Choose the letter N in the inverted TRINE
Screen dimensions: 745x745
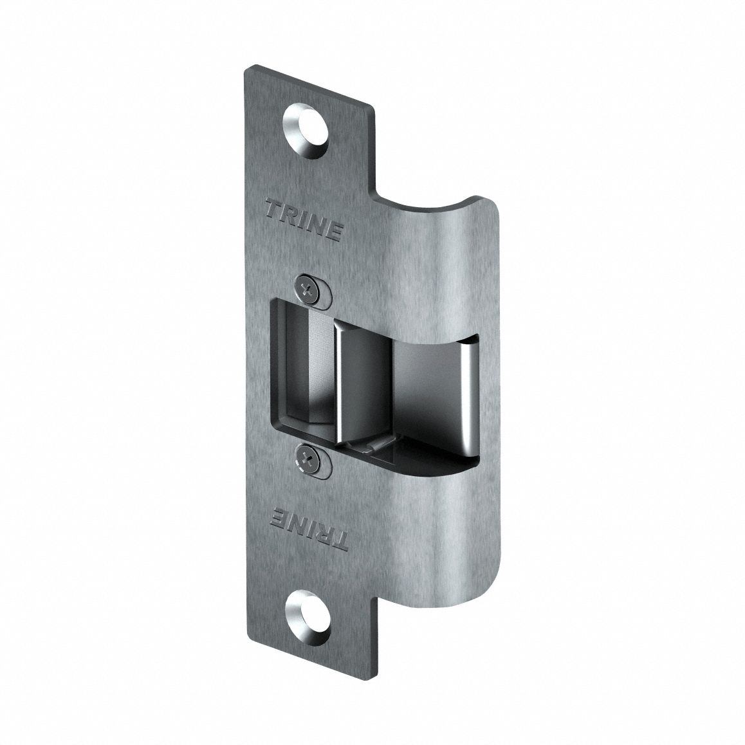coord(293,517)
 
